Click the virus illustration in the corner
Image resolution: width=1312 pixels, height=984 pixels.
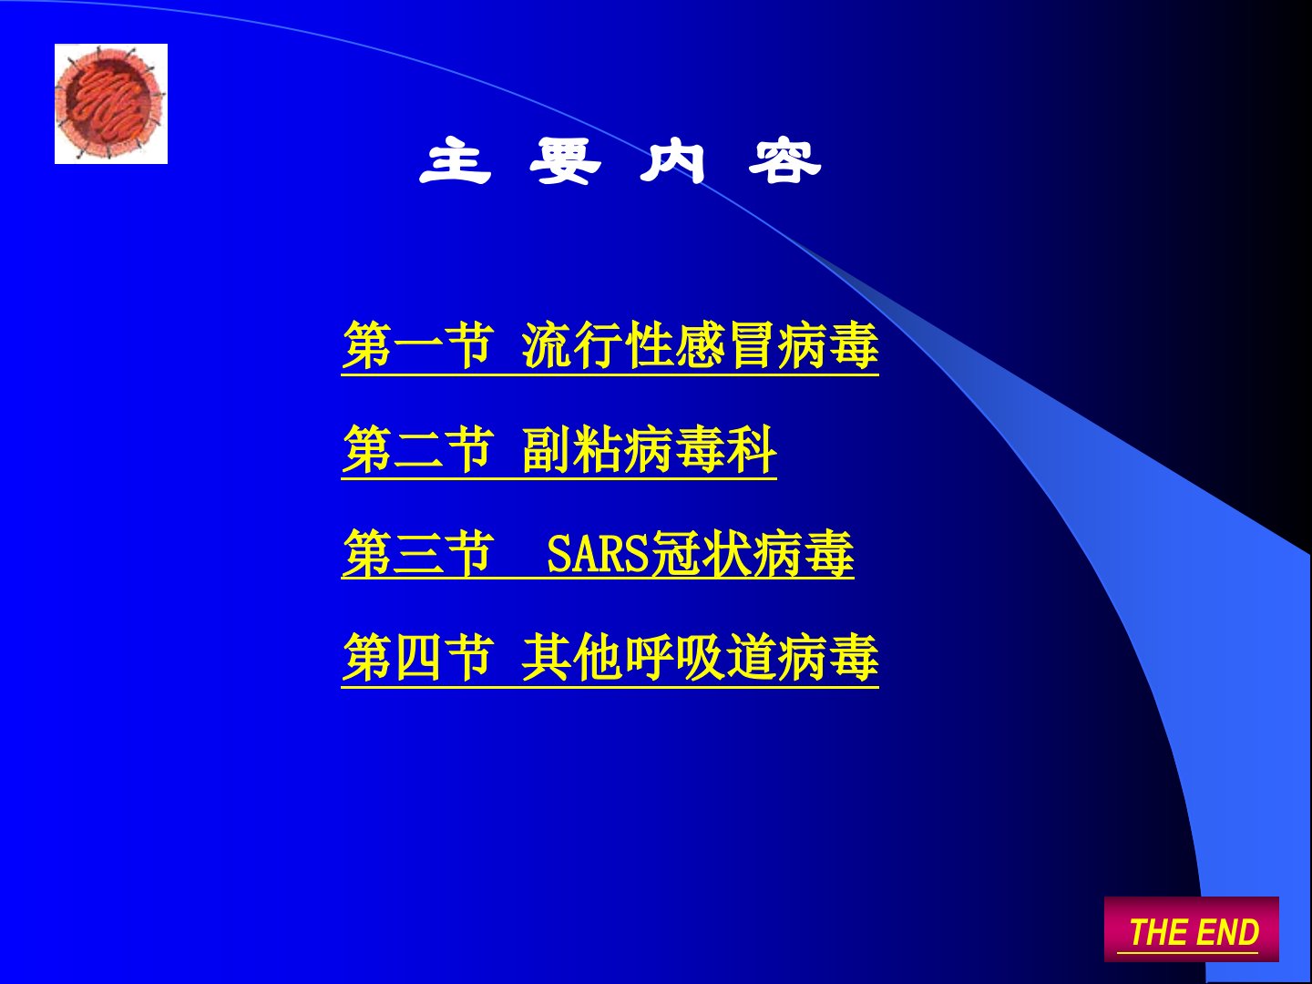click(x=111, y=104)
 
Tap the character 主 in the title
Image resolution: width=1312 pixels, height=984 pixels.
click(x=456, y=160)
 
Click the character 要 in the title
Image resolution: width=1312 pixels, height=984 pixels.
click(x=566, y=160)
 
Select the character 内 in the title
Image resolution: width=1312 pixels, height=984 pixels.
click(x=673, y=160)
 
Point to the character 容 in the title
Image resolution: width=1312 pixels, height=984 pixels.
click(x=784, y=160)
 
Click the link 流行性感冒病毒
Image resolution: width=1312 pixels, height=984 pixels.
click(x=700, y=345)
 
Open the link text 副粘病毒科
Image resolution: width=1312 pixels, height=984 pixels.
click(x=649, y=450)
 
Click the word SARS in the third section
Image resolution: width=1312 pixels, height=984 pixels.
click(x=599, y=554)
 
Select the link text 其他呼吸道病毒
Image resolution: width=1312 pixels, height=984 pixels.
click(x=700, y=658)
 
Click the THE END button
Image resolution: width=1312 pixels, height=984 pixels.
click(x=1191, y=929)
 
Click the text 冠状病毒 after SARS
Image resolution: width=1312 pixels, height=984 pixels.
click(x=752, y=554)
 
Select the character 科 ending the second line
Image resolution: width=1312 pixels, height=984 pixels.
click(x=752, y=450)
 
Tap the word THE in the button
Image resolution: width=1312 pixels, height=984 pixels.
click(x=1157, y=932)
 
